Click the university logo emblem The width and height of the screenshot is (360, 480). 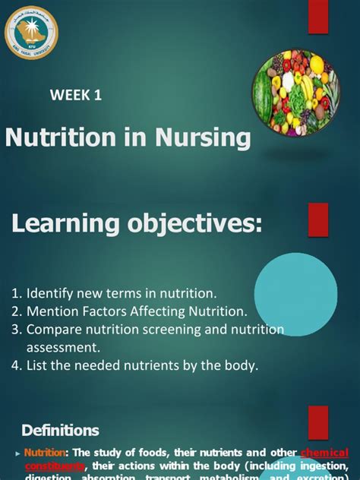[31, 32]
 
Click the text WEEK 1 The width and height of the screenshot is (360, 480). [75, 96]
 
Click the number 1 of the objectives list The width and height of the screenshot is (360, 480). [16, 292]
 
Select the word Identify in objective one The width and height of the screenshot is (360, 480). [51, 292]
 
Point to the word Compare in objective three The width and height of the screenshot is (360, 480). [54, 329]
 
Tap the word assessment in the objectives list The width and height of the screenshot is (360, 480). [63, 347]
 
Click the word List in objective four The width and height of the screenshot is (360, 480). [38, 365]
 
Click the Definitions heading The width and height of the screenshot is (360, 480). [61, 431]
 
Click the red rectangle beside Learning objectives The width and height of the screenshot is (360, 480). [317, 219]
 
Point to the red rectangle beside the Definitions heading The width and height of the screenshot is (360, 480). [317, 422]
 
